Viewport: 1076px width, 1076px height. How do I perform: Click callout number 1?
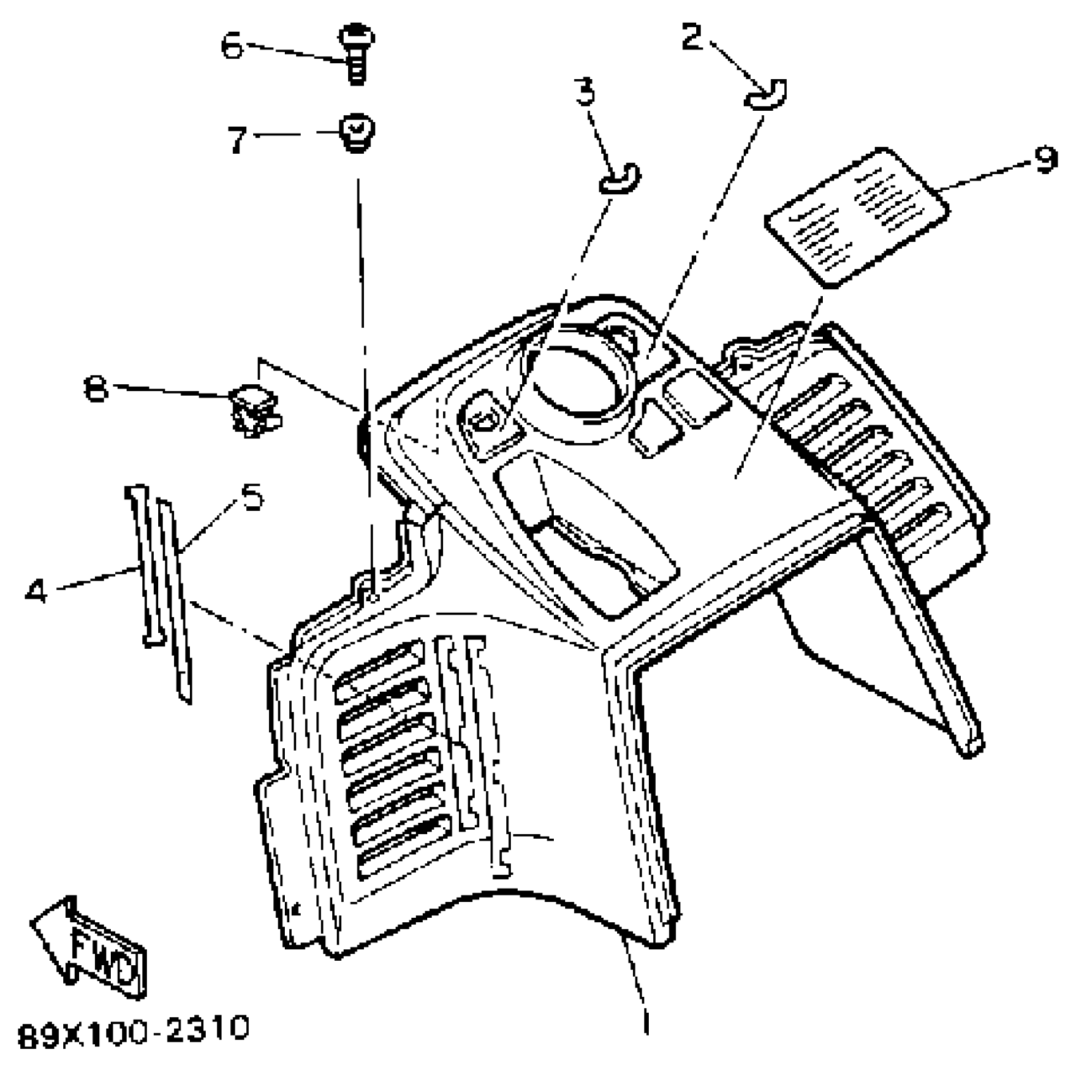645,1020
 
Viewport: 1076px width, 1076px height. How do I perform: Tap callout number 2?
692,37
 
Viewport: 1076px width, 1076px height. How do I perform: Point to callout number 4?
37,592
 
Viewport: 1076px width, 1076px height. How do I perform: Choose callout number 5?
252,497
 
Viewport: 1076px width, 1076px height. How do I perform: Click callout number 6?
232,46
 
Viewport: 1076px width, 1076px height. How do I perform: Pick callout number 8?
96,387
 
